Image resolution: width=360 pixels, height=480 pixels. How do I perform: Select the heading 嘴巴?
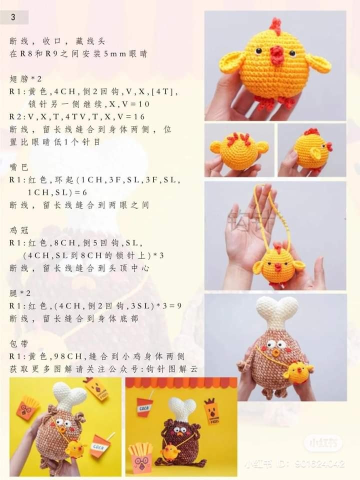click(17, 166)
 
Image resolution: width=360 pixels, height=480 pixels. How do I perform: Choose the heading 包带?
click(17, 343)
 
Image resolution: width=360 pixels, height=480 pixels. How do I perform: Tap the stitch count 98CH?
click(69, 356)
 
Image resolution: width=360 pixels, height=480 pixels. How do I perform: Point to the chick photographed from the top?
click(239, 148)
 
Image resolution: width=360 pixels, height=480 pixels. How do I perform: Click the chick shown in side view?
click(312, 150)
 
